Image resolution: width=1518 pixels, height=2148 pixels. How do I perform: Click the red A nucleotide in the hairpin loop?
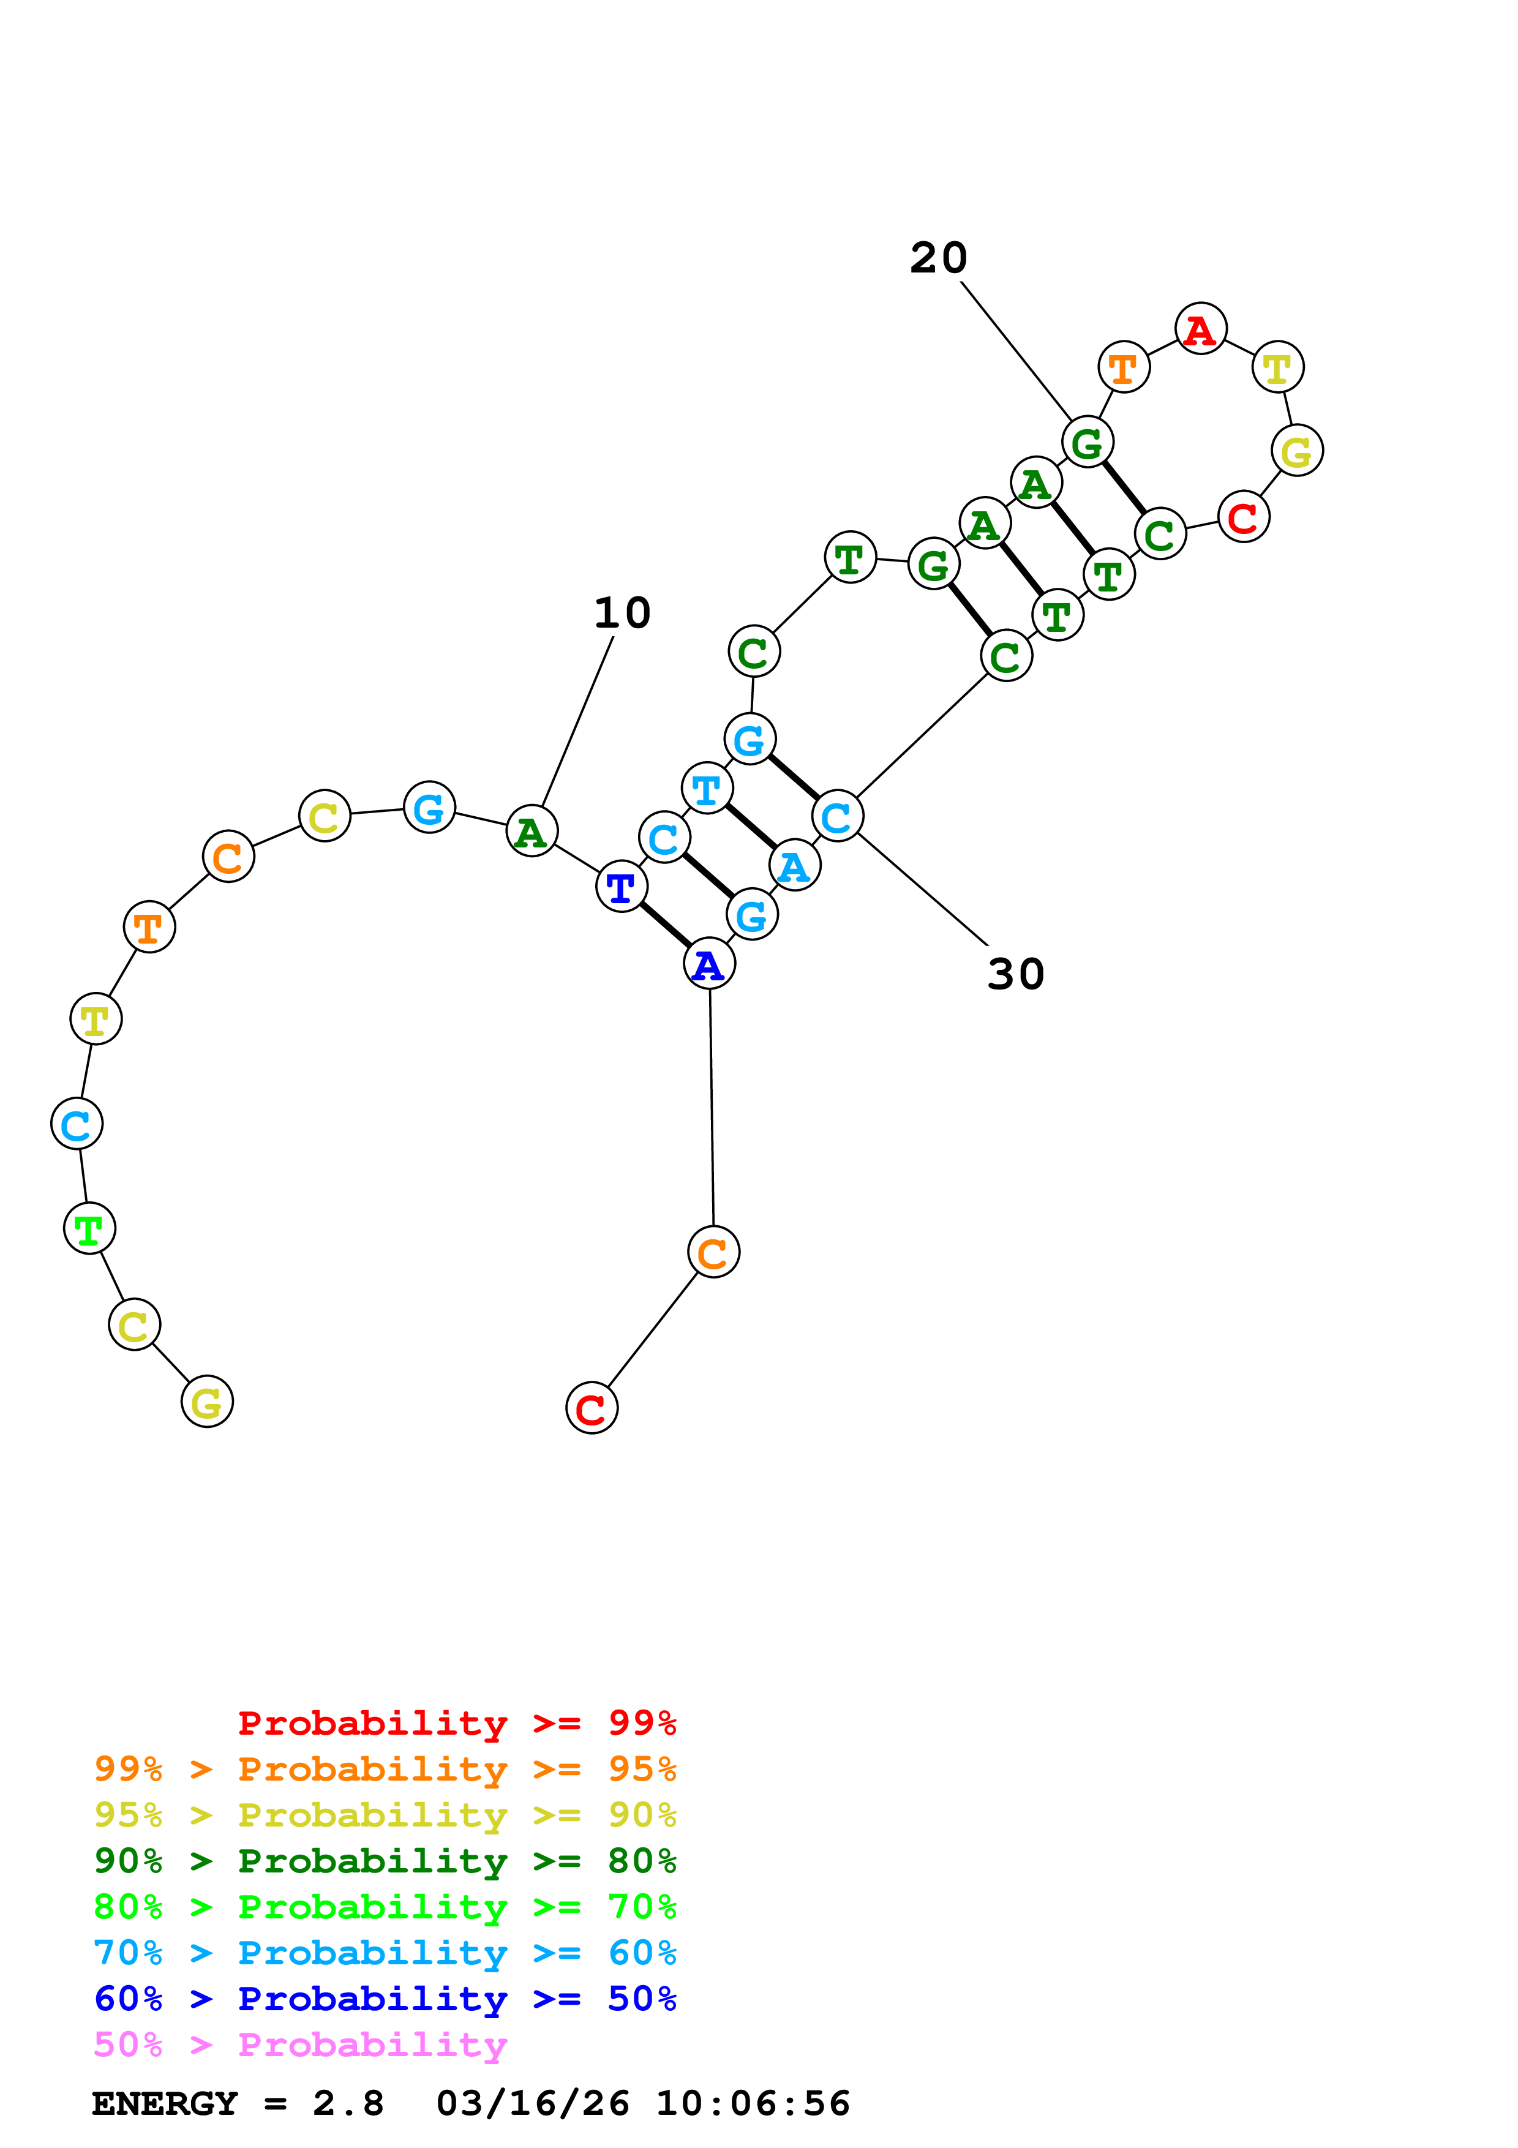pyautogui.click(x=1200, y=329)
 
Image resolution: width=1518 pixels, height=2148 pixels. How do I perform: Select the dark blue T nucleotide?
pyautogui.click(x=621, y=886)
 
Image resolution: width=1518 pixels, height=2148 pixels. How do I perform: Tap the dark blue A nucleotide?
pyautogui.click(x=709, y=964)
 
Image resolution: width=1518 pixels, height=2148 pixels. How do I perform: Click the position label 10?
pyautogui.click(x=622, y=614)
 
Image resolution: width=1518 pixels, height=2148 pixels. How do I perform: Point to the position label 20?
pyautogui.click(x=938, y=258)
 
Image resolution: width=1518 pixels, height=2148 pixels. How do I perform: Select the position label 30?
pyautogui.click(x=1016, y=975)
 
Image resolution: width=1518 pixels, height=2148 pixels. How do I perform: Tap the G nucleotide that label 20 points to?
pyautogui.click(x=1087, y=441)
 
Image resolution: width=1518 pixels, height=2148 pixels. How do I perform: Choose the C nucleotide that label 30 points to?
pyautogui.click(x=837, y=816)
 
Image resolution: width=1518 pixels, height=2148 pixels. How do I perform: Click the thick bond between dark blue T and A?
pyautogui.click(x=665, y=925)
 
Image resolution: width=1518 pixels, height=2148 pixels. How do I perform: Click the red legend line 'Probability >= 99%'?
pyautogui.click(x=456, y=1722)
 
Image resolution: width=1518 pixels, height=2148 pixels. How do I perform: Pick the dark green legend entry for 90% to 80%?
pyautogui.click(x=385, y=1861)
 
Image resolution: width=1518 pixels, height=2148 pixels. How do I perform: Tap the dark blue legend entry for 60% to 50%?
pyautogui.click(x=385, y=1999)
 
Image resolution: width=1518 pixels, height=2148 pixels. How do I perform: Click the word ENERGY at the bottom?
pyautogui.click(x=165, y=2103)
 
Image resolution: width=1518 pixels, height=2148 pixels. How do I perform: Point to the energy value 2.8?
pyautogui.click(x=348, y=2103)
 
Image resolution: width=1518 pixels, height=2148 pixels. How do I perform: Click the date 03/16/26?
pyautogui.click(x=533, y=2103)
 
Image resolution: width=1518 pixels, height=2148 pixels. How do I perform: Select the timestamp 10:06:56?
pyautogui.click(x=753, y=2103)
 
